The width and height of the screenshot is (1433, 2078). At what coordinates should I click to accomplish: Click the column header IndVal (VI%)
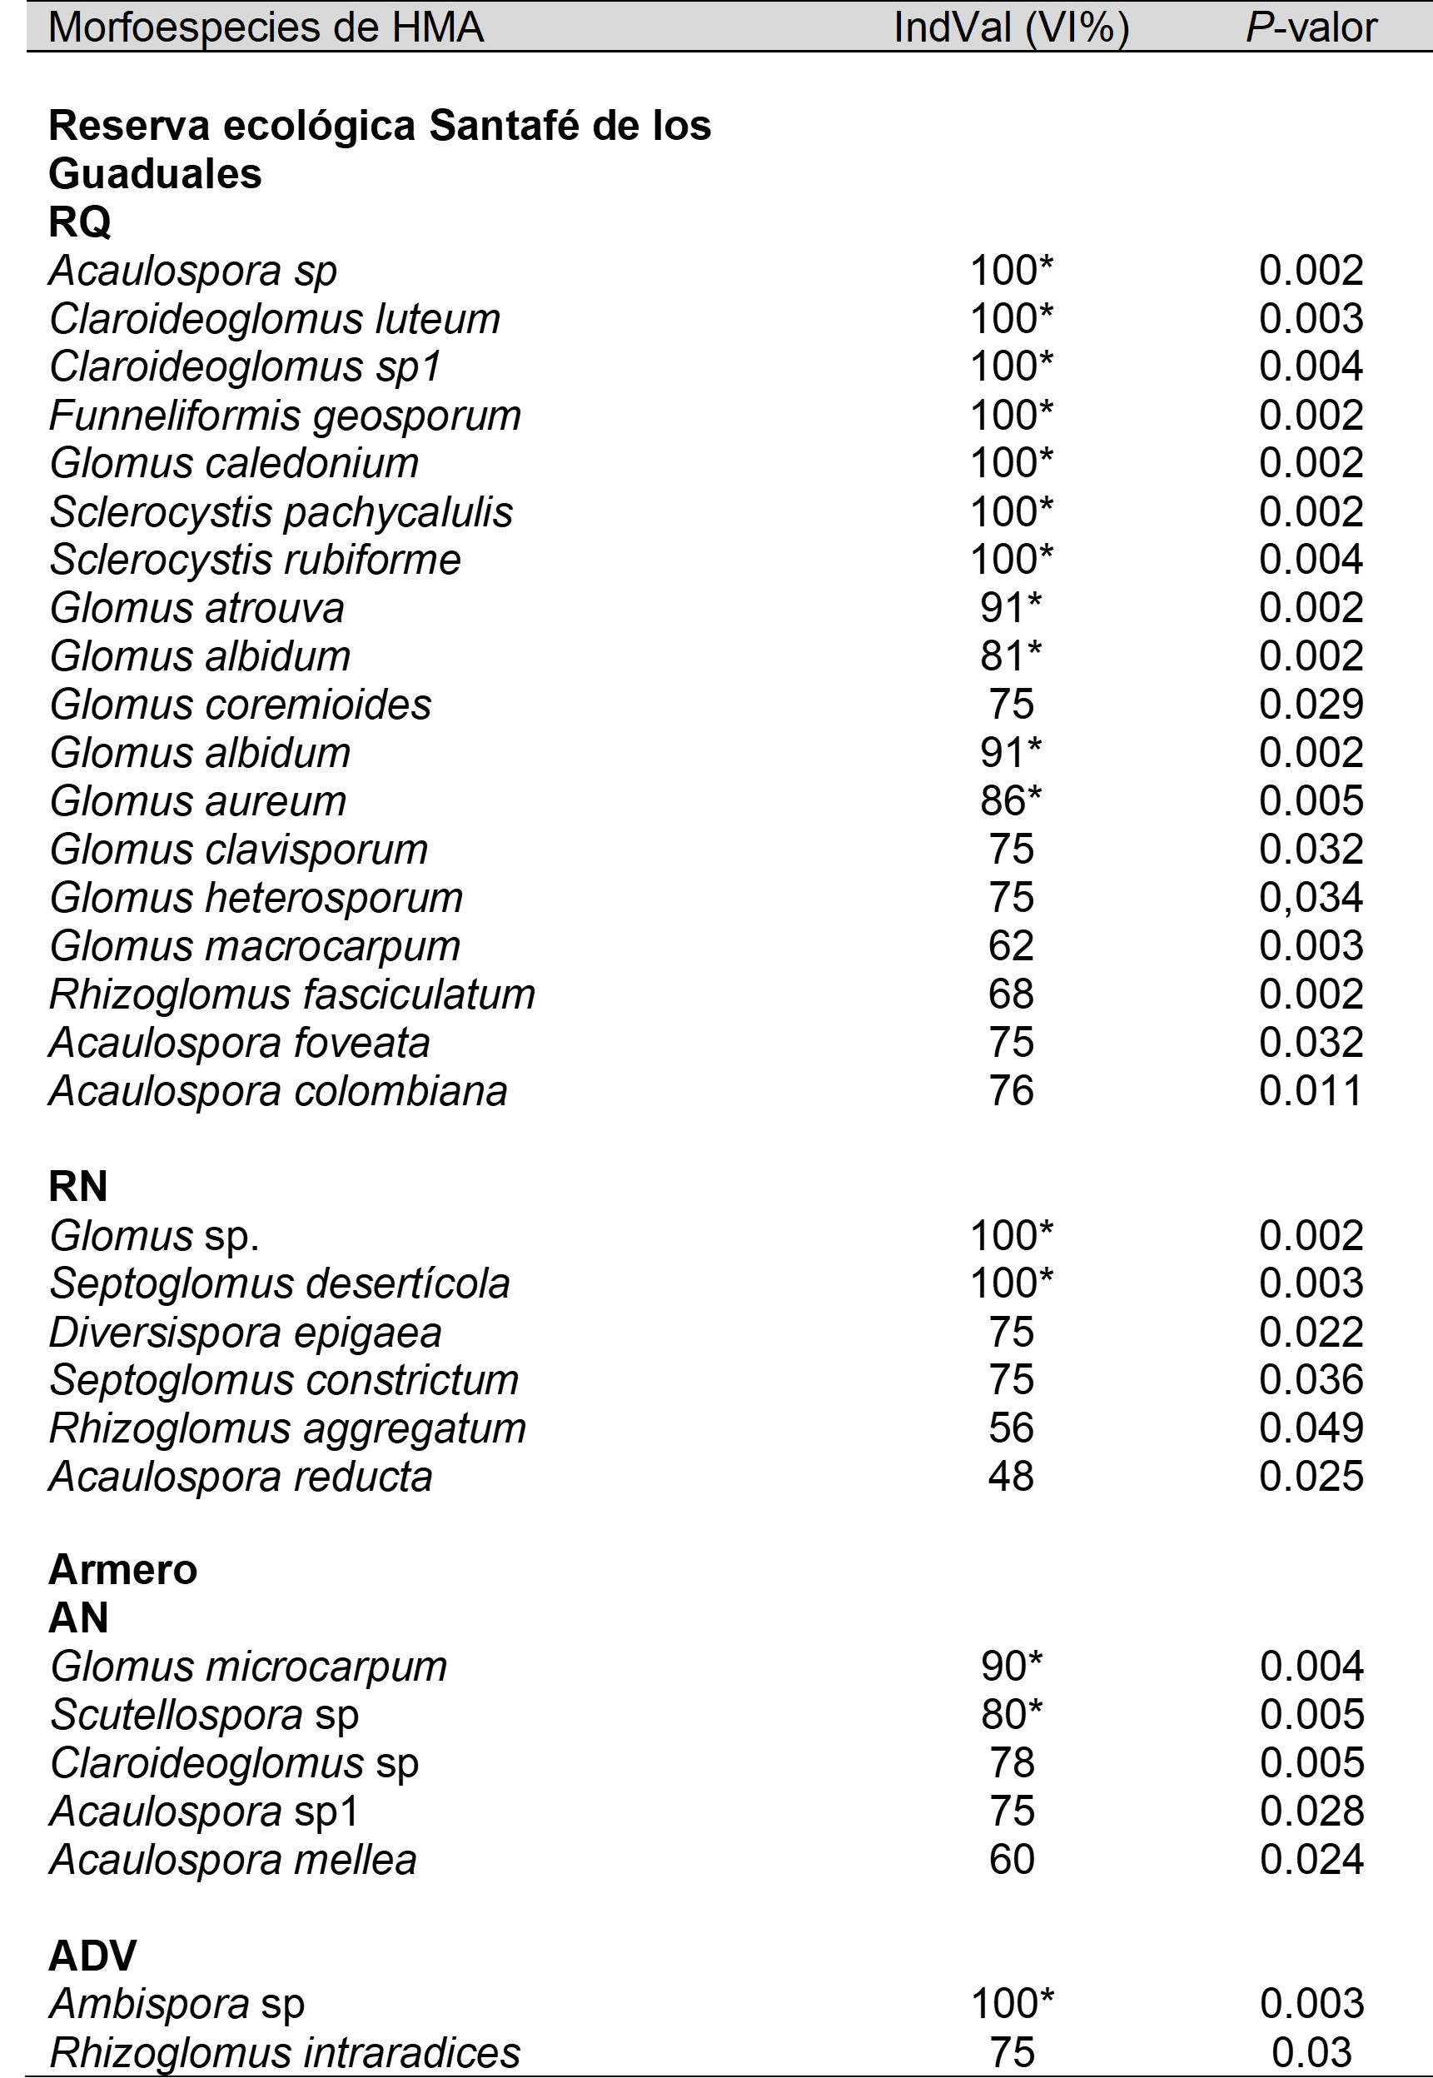(1011, 27)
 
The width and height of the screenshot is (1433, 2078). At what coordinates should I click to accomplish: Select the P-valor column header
(1311, 27)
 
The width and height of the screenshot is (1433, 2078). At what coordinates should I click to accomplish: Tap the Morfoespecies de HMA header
(266, 27)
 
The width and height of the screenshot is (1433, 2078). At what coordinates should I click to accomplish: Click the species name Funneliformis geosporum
(286, 416)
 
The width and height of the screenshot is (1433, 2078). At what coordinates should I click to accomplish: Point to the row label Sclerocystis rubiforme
(255, 560)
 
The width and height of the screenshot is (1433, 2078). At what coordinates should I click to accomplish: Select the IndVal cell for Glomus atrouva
(1011, 608)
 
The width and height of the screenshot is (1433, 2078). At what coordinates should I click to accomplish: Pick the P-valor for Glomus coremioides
(1311, 705)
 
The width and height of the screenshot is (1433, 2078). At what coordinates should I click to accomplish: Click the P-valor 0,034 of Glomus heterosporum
(1311, 898)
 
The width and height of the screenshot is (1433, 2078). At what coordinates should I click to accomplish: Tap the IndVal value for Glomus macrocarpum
(1011, 946)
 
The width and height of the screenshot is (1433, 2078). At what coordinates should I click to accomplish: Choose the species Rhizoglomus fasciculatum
(291, 995)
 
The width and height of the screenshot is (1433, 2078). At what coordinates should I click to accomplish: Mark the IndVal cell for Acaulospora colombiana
(1011, 1091)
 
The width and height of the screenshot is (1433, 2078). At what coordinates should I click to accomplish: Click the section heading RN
(78, 1186)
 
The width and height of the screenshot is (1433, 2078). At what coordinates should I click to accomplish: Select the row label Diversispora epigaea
(245, 1333)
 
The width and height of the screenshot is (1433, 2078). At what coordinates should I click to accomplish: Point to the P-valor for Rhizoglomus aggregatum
(1311, 1428)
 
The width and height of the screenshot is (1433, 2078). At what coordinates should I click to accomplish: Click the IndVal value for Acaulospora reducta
(1011, 1478)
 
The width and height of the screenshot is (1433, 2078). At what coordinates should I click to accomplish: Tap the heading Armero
(123, 1570)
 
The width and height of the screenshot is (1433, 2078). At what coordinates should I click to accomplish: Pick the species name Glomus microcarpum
(249, 1667)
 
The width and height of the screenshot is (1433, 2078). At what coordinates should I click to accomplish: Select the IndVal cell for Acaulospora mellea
(1011, 1860)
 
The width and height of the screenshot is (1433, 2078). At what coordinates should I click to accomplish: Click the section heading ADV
(92, 1956)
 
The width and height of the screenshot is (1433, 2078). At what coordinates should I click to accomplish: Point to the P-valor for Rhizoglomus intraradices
(1311, 2053)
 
